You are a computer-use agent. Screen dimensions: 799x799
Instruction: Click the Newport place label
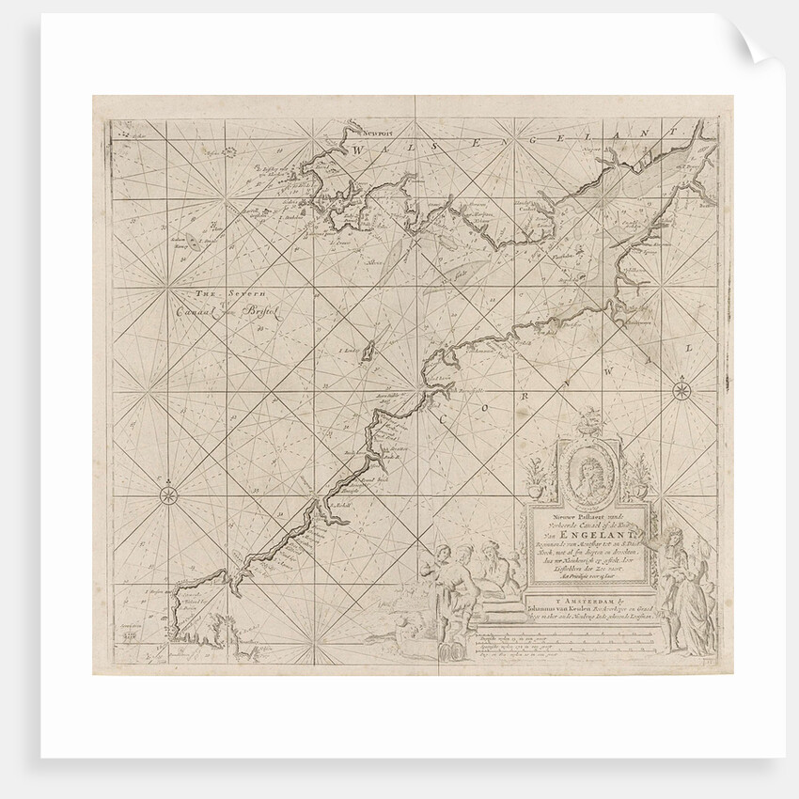(x=368, y=133)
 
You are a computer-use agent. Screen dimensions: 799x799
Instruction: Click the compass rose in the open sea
(x=168, y=491)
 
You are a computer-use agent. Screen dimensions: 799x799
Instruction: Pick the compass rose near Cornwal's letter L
(x=681, y=389)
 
